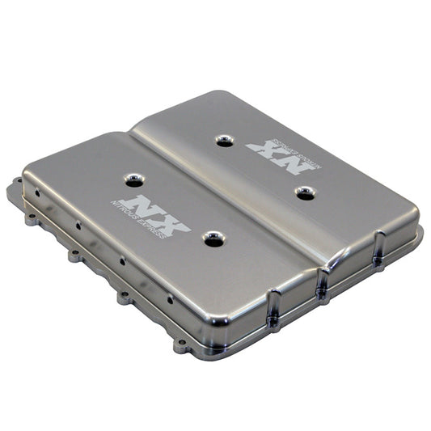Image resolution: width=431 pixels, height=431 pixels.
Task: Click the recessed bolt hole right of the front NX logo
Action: [213, 239]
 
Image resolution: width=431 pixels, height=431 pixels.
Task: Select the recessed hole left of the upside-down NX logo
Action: [225, 140]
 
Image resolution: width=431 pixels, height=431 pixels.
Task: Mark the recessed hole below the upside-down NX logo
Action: [304, 192]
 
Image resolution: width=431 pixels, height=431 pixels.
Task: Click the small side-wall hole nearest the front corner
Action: [169, 298]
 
